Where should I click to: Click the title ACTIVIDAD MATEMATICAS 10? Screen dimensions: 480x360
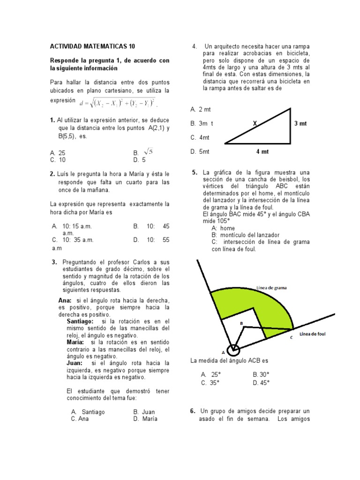pos(92,46)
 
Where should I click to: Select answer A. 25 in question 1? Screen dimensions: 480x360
pos(58,153)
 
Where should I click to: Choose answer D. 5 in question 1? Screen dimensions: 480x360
pos(140,159)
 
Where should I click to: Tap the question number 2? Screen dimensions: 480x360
pos(52,173)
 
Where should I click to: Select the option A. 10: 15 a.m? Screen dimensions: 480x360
pos(72,226)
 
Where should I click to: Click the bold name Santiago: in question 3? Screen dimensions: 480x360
pos(80,322)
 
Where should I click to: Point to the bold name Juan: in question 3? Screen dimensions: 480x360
pos(75,363)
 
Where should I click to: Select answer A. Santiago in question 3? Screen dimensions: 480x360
pos(88,412)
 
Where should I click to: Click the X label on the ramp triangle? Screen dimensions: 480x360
pos(255,123)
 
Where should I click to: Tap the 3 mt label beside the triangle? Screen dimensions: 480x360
pos(300,124)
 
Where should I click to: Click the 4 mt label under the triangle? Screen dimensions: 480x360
pos(262,151)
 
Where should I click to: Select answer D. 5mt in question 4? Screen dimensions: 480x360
pos(200,151)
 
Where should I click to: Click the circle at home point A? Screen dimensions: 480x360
pos(233,350)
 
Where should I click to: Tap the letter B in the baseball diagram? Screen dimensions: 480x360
pos(241,323)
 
